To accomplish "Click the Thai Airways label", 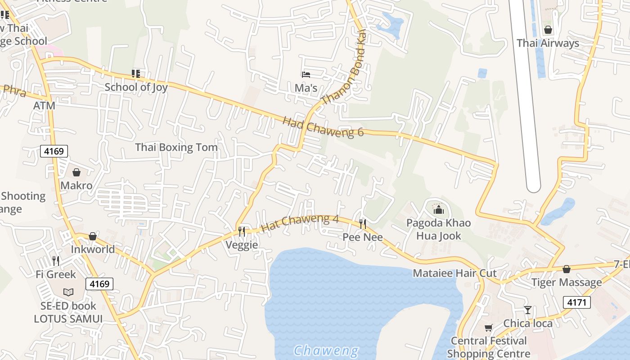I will [548, 43].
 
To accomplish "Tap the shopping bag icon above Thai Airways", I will [548, 30].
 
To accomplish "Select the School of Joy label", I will [136, 87].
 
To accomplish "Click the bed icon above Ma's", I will [306, 74].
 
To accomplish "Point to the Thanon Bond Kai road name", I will [345, 68].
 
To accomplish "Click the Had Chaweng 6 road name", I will [323, 126].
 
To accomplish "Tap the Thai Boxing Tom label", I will [176, 147].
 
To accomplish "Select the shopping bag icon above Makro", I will [76, 172].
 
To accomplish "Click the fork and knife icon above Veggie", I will [242, 231].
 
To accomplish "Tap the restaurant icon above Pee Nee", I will [362, 224].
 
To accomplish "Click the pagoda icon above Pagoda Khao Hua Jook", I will [438, 209].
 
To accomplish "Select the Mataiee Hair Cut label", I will [454, 273].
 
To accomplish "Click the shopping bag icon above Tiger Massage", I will [567, 269].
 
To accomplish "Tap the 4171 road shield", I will [576, 302].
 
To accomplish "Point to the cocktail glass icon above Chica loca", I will [528, 310].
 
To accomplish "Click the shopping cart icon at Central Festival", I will [489, 328].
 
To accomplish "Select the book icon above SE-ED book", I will [68, 292].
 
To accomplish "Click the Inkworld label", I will [93, 249].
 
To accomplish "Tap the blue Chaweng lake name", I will [326, 350].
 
